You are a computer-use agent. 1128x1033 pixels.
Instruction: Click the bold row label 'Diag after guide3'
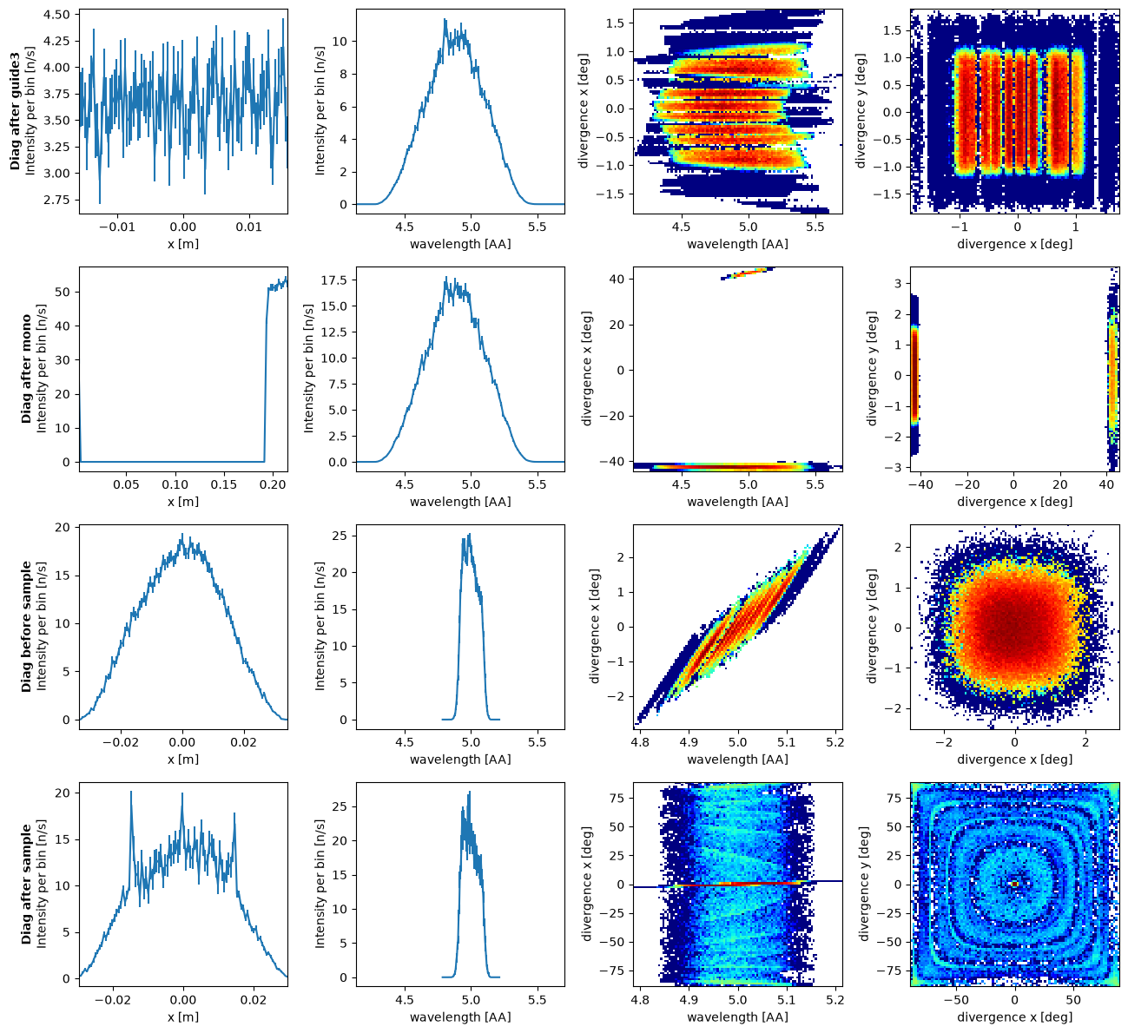tap(15, 111)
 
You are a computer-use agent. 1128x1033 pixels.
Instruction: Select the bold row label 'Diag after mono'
tap(26, 369)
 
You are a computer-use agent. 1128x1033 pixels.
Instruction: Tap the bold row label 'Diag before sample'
tap(26, 627)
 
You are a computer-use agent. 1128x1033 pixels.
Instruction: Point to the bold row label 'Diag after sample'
tap(26, 885)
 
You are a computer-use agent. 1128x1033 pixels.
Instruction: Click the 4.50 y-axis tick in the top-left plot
tap(56, 15)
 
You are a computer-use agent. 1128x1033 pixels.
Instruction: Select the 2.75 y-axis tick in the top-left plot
tap(56, 200)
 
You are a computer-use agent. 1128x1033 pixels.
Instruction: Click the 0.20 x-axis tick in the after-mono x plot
tap(274, 484)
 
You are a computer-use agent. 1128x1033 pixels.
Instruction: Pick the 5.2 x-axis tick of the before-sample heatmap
tap(835, 742)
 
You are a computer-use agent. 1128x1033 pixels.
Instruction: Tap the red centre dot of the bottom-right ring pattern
tap(1014, 885)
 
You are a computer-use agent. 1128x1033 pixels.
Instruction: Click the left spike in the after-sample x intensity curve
tap(131, 793)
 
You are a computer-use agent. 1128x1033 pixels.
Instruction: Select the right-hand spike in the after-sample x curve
tap(234, 813)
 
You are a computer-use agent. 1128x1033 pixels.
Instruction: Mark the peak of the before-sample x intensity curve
tap(181, 534)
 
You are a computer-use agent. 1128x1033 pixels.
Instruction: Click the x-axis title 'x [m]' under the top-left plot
tap(183, 243)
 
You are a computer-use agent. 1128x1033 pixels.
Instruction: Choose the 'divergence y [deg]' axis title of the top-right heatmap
tap(861, 111)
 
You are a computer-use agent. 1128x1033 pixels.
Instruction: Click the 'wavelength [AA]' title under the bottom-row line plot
tap(460, 1017)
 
